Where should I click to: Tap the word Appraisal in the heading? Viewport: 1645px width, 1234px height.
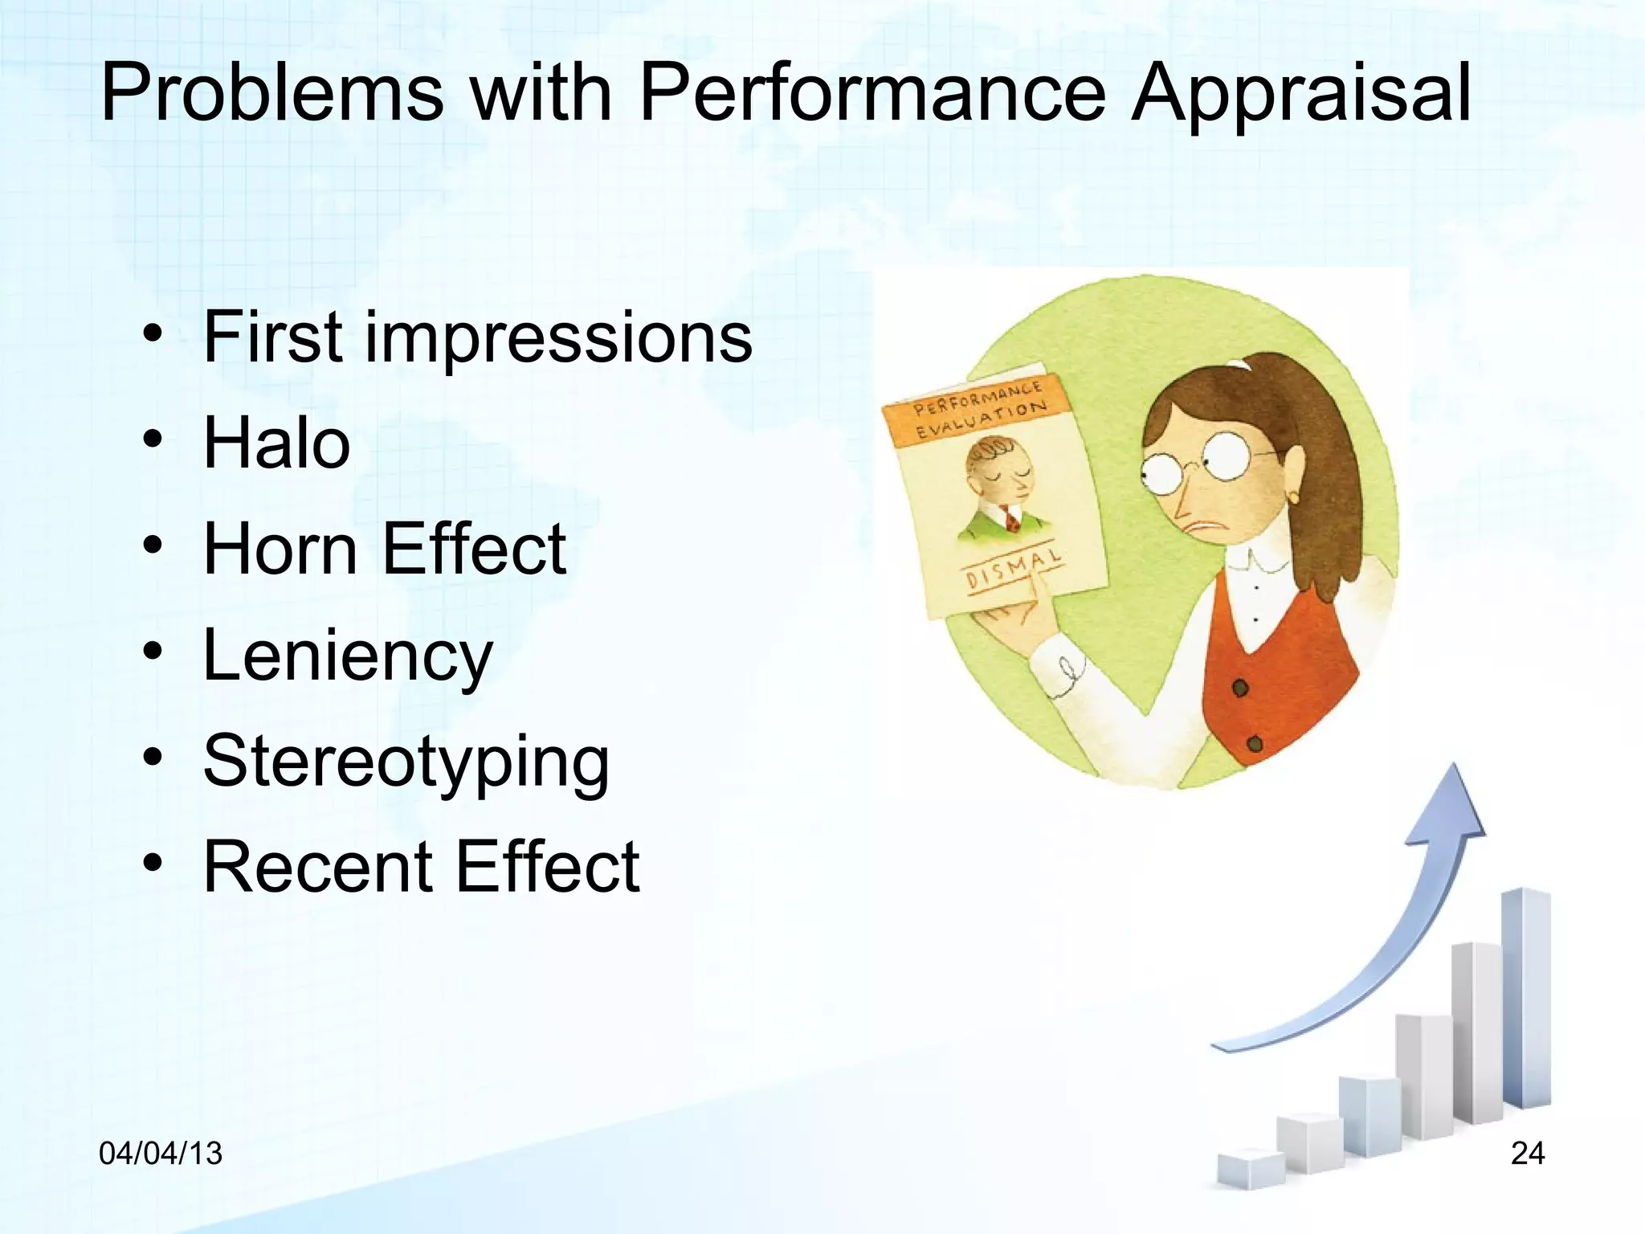pyautogui.click(x=1301, y=95)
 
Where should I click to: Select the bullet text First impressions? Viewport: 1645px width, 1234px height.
pyautogui.click(x=477, y=337)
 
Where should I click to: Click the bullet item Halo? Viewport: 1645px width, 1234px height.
pyautogui.click(x=276, y=443)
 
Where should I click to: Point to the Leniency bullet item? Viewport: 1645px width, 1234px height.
pyautogui.click(x=347, y=656)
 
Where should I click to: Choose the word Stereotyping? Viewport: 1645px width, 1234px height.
pyautogui.click(x=406, y=762)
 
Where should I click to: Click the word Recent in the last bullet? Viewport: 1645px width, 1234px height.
pyautogui.click(x=317, y=868)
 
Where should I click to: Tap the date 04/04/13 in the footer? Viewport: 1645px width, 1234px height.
pyautogui.click(x=160, y=1154)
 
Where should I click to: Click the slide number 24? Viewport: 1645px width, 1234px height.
pyautogui.click(x=1527, y=1154)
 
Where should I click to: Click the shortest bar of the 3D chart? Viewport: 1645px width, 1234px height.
pyautogui.click(x=1250, y=1169)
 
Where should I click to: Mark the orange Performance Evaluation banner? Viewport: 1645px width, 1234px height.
pyautogui.click(x=978, y=409)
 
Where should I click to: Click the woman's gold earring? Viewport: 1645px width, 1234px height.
pyautogui.click(x=1292, y=498)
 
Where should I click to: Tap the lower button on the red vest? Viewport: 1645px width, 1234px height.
pyautogui.click(x=1255, y=743)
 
